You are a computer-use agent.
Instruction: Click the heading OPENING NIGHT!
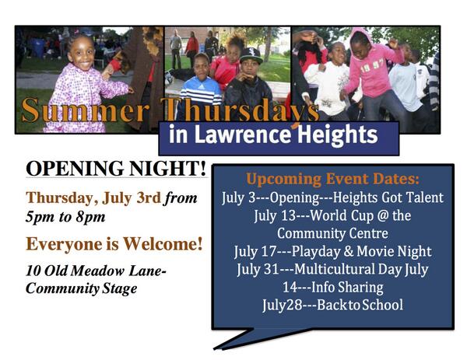click(x=116, y=168)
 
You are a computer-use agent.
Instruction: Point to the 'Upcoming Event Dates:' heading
click(x=332, y=179)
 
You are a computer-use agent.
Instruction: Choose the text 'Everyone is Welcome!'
click(x=114, y=244)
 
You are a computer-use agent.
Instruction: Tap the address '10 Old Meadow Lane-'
click(x=97, y=271)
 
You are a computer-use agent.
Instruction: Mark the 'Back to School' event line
click(x=332, y=305)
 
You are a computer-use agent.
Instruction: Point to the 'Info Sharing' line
click(x=332, y=287)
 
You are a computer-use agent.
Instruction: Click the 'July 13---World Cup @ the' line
click(x=332, y=215)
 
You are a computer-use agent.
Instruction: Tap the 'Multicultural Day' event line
click(x=332, y=269)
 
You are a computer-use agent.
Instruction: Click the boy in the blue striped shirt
click(x=202, y=86)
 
